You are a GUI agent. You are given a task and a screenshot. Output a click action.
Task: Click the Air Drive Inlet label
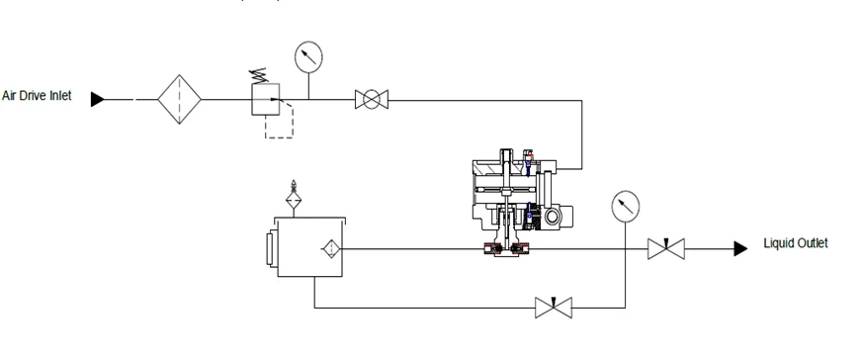(x=37, y=96)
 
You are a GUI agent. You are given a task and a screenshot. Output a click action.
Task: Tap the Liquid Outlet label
(x=796, y=243)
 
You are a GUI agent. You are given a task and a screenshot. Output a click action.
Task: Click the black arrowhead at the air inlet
(x=98, y=99)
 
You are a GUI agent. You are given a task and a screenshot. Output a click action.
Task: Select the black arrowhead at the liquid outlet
(x=740, y=249)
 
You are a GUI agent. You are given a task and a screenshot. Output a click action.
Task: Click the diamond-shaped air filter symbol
(x=179, y=99)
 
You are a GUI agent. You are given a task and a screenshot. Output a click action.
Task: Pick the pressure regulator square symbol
(x=266, y=99)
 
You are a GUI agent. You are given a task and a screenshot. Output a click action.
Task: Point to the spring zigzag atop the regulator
(x=259, y=75)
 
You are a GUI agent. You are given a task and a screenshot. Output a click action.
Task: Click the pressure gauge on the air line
(x=308, y=57)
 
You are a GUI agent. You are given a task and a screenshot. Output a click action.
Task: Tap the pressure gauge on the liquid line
(x=626, y=207)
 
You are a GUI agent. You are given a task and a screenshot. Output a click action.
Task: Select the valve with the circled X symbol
(x=372, y=99)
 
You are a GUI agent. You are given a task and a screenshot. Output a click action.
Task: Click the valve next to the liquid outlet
(x=666, y=248)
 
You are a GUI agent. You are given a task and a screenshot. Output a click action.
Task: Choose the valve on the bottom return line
(x=554, y=308)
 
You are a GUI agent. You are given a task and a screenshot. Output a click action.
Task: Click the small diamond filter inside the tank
(x=331, y=249)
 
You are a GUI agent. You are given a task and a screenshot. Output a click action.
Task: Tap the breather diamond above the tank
(x=294, y=200)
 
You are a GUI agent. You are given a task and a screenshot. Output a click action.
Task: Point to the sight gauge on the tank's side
(x=271, y=249)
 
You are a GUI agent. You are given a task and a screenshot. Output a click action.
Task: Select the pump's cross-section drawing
(x=521, y=203)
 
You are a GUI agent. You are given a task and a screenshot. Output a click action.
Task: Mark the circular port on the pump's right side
(x=552, y=216)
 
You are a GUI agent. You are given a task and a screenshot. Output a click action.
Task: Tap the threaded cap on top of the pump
(x=506, y=155)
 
